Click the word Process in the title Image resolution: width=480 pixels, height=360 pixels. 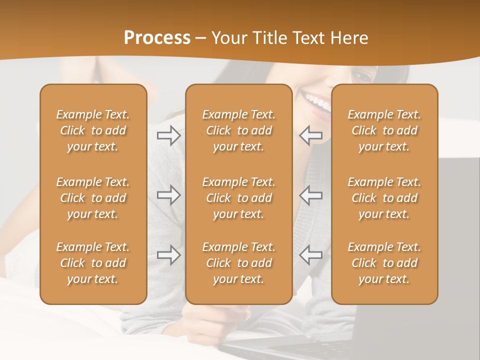(x=157, y=38)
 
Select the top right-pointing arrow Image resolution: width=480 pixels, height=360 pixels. (x=169, y=135)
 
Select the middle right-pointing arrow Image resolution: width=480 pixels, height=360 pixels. (x=169, y=195)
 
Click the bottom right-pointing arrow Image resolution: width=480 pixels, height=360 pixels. (x=169, y=255)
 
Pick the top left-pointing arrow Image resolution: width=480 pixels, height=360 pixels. (x=310, y=135)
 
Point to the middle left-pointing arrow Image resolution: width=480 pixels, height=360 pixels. (x=310, y=195)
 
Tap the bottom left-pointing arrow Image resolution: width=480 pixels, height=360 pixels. (x=310, y=255)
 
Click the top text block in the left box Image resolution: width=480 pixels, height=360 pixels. (x=93, y=130)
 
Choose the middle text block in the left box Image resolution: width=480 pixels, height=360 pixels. (x=93, y=198)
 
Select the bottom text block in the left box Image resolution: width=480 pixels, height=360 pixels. (x=93, y=263)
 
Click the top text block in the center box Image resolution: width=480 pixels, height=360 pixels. (x=238, y=130)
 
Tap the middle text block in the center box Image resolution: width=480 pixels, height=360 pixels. (x=238, y=198)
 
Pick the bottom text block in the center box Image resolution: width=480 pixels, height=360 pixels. (x=238, y=263)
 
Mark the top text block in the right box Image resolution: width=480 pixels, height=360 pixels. (x=384, y=130)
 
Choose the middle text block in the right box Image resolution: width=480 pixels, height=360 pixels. (x=384, y=198)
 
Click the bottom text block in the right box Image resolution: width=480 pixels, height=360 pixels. (x=384, y=263)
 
